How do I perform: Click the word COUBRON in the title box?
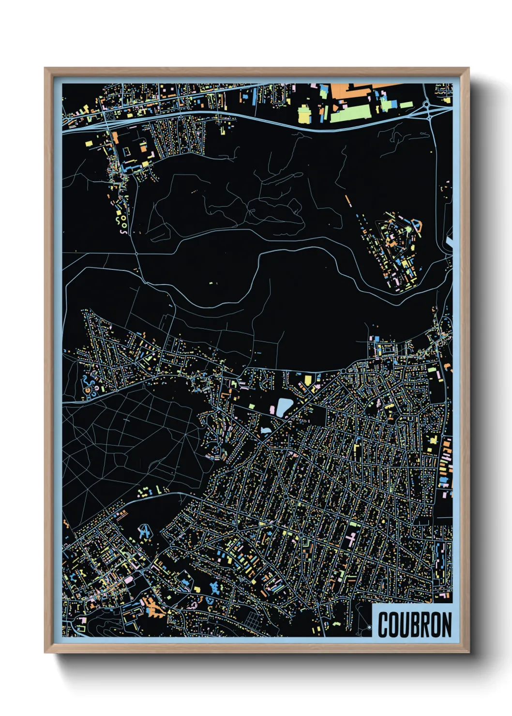[x=414, y=625]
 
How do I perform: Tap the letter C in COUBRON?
[x=383, y=625]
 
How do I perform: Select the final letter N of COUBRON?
[x=446, y=625]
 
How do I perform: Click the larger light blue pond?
[x=284, y=407]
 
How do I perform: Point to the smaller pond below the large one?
[x=266, y=430]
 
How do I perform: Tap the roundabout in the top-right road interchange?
[x=426, y=104]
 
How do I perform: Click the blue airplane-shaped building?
[x=144, y=532]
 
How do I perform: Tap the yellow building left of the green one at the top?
[x=304, y=115]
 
